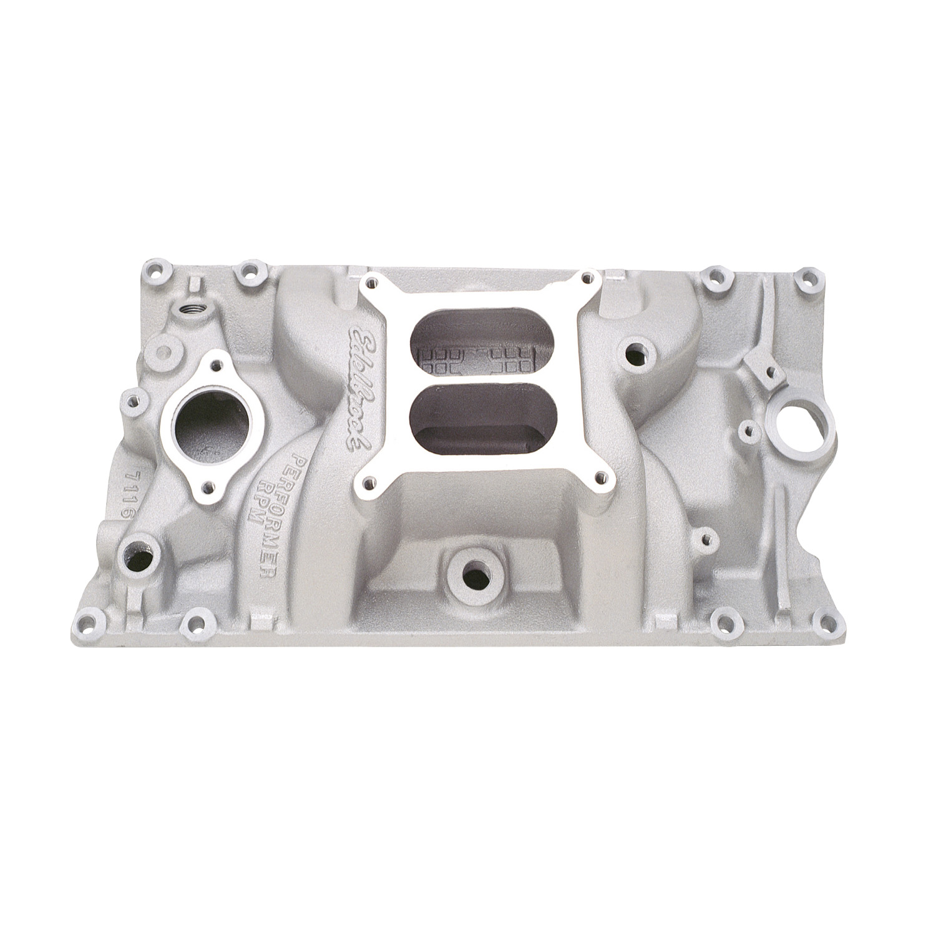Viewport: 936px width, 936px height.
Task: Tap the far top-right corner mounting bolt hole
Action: (x=808, y=278)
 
